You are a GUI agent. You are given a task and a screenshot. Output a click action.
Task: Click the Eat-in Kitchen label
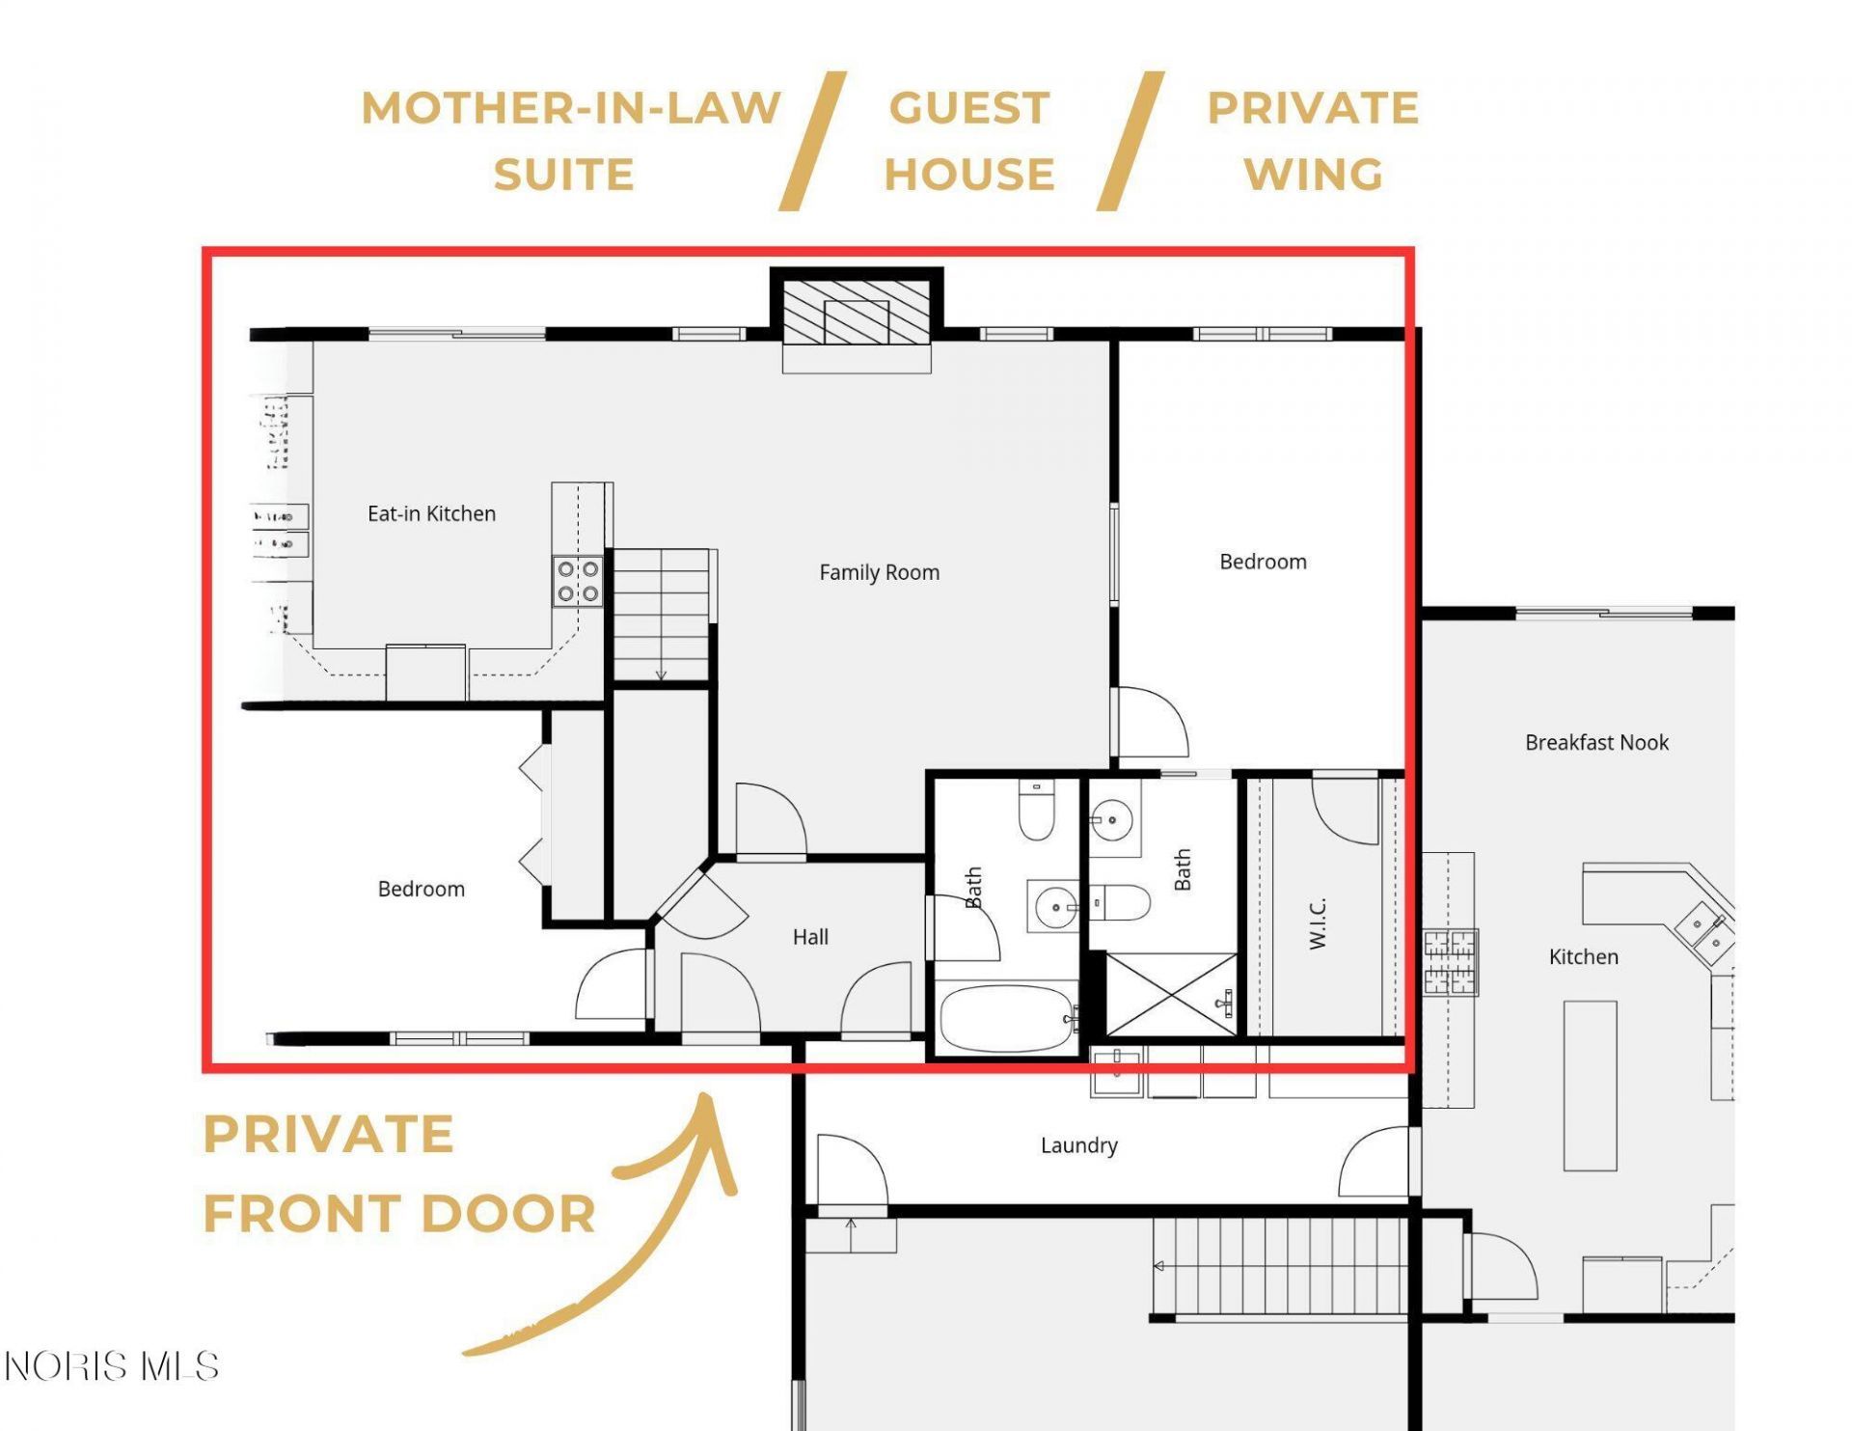pyautogui.click(x=431, y=513)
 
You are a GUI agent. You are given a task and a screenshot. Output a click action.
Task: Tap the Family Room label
pyautogui.click(x=879, y=572)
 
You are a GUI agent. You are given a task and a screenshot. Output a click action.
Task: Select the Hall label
pyautogui.click(x=810, y=937)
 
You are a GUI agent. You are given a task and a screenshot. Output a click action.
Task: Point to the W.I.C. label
pyautogui.click(x=1319, y=922)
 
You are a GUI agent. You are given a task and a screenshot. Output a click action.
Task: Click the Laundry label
pyautogui.click(x=1078, y=1145)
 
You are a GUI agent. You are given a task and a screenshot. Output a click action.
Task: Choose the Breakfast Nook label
pyautogui.click(x=1596, y=742)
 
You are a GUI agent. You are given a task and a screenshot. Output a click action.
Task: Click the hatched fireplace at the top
pyautogui.click(x=856, y=312)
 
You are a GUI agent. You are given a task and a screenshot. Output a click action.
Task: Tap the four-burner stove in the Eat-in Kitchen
pyautogui.click(x=578, y=581)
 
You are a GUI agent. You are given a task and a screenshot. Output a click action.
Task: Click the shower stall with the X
pyautogui.click(x=1171, y=995)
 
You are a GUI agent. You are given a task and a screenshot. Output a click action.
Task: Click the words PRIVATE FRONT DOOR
pyautogui.click(x=398, y=1173)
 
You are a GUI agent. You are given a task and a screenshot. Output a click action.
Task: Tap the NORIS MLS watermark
pyautogui.click(x=112, y=1366)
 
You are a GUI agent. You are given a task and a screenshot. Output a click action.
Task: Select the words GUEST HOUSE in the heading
pyautogui.click(x=969, y=141)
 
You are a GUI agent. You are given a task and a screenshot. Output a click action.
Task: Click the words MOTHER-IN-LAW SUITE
pyautogui.click(x=570, y=141)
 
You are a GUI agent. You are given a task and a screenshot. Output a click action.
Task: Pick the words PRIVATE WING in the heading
pyautogui.click(x=1313, y=141)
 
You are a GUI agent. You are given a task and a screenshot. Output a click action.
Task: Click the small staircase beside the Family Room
pyautogui.click(x=662, y=615)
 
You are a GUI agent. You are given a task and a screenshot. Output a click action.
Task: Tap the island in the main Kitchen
pyautogui.click(x=1590, y=1086)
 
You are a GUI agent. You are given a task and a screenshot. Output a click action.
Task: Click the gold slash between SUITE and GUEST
pyautogui.click(x=813, y=141)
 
